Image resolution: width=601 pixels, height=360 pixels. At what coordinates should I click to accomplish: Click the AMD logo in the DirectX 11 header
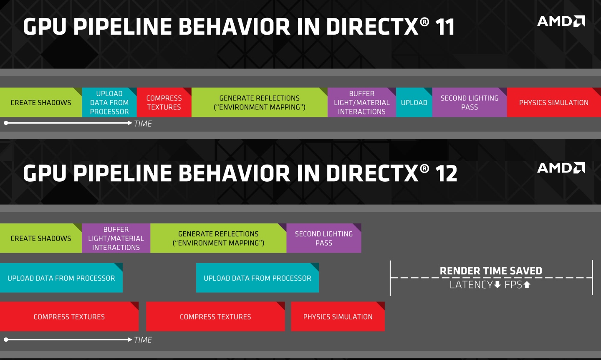point(561,21)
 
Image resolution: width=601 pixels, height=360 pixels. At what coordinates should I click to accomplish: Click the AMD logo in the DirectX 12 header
point(561,168)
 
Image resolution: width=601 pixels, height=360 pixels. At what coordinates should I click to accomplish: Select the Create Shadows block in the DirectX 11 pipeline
point(41,103)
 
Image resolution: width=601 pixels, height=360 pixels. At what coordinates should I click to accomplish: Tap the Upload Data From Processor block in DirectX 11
point(109,103)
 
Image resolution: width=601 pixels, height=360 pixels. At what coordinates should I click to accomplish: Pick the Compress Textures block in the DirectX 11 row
point(164,103)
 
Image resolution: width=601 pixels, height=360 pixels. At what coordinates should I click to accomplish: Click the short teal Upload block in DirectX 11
point(414,103)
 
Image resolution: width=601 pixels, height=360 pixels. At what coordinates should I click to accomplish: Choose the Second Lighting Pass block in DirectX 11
point(470,103)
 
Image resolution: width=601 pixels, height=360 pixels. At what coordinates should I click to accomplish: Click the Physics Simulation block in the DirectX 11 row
point(554,103)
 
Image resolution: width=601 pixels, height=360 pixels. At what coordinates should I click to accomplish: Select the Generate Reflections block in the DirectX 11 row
point(259,103)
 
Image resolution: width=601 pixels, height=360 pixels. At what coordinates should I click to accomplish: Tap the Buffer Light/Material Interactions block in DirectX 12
point(116,238)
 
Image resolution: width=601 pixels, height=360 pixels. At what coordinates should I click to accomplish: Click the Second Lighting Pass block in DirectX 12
point(324,238)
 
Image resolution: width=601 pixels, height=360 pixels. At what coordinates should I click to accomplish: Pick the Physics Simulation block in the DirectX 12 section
point(338,317)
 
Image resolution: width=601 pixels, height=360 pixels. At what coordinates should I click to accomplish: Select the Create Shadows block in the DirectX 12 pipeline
point(41,238)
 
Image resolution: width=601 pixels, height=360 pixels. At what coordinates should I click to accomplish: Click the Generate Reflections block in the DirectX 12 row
point(218,238)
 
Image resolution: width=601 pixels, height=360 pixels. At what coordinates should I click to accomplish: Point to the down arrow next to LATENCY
point(497,285)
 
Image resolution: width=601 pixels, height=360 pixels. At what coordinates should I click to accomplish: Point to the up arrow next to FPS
point(527,285)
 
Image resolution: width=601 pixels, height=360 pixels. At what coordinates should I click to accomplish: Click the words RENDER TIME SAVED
point(491,271)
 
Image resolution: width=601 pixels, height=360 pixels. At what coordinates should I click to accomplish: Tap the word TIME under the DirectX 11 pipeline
point(143,124)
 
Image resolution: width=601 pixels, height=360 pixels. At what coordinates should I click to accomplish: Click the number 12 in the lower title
point(446,174)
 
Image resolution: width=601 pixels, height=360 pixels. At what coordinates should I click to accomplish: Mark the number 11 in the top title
point(444,27)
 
